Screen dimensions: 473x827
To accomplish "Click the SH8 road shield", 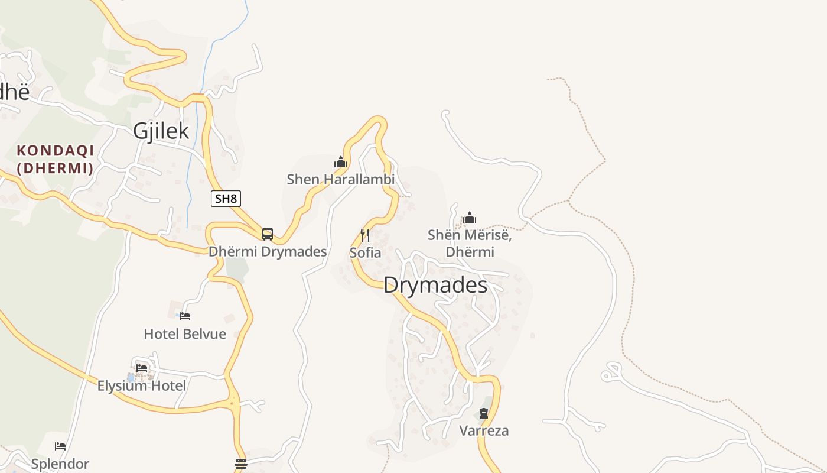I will [226, 199].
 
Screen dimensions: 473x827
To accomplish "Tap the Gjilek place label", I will [161, 131].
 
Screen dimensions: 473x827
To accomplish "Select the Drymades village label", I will [435, 286].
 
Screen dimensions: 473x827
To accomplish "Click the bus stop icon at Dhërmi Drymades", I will [268, 234].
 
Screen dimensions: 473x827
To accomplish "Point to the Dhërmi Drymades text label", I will [268, 251].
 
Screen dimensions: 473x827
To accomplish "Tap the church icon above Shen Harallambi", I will [340, 162].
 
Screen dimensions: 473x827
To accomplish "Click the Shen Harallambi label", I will [340, 179].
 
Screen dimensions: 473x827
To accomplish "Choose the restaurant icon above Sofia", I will [365, 235].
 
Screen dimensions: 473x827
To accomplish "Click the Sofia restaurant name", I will [365, 252].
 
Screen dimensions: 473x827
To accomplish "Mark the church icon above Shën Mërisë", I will [470, 218].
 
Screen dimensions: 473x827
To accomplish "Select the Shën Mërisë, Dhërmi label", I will [470, 244].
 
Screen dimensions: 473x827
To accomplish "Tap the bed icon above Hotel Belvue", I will [185, 316].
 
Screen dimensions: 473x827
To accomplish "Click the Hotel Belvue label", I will [185, 334].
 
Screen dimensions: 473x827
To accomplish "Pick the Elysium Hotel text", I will [142, 386].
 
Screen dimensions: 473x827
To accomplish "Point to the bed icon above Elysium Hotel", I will [142, 368].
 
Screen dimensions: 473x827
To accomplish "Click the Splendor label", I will [60, 464].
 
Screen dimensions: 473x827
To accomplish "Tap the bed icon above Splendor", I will [60, 446].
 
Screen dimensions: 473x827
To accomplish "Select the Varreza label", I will [484, 430].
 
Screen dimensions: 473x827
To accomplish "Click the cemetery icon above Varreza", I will [484, 413].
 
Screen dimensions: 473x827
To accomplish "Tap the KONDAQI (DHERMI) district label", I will [56, 160].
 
